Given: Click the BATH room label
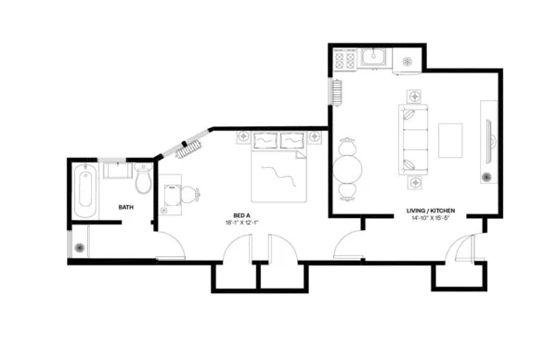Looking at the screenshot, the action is (x=125, y=207).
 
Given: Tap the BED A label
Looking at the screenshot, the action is (x=241, y=215).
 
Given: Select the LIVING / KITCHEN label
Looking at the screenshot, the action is (x=431, y=211).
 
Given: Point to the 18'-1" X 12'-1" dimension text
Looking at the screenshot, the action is (x=241, y=223).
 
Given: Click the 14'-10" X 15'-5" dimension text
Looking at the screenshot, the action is (x=430, y=218).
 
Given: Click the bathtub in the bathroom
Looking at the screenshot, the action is (x=85, y=190).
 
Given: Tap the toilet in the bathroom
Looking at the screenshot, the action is (x=144, y=178).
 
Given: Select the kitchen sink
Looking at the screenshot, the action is (x=373, y=57).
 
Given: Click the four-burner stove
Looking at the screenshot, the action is (x=345, y=59).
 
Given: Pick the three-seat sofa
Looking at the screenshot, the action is (x=413, y=139).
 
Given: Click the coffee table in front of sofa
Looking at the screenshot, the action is (x=450, y=140).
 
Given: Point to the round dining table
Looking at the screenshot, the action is (x=348, y=169).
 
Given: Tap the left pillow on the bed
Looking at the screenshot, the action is (x=266, y=141).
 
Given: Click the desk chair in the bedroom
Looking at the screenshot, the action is (x=190, y=195).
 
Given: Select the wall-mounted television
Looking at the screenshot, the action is (x=490, y=142).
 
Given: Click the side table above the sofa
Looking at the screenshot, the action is (x=414, y=96).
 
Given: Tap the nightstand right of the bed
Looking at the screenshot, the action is (x=315, y=136).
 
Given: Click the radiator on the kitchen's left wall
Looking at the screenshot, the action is (x=337, y=93).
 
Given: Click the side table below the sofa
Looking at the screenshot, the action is (x=415, y=183).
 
